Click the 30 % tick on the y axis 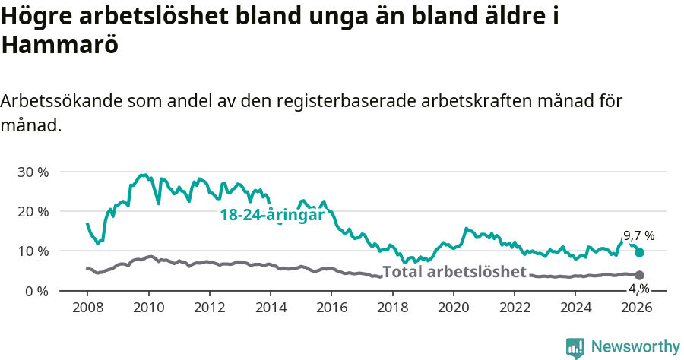point(33,172)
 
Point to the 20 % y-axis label point(33,211)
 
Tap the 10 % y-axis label point(33,251)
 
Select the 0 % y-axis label point(36,291)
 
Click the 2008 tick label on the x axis point(87,308)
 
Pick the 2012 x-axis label point(209,308)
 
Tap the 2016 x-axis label point(331,308)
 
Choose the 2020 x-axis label point(453,308)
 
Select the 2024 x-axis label point(575,308)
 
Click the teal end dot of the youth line point(639,252)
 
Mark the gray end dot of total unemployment point(639,275)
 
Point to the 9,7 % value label point(638,235)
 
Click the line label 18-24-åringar point(272,216)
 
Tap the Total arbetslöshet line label point(454,273)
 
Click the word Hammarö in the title point(60,45)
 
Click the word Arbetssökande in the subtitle point(63,101)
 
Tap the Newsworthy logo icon point(575,348)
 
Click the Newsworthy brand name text point(635,347)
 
